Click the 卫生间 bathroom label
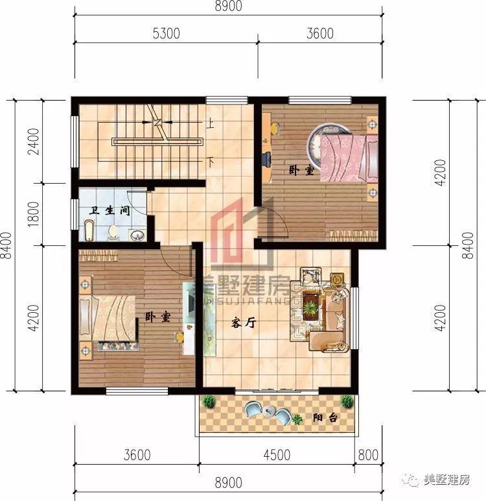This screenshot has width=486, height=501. coord(110,210)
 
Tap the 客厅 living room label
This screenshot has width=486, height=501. coord(244,323)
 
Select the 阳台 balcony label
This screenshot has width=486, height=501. coord(325,417)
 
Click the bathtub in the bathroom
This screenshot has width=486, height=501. coord(89,230)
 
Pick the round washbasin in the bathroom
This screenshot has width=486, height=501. coord(137,235)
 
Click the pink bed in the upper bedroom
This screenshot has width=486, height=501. coord(349,158)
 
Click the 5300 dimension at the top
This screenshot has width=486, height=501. coord(166,33)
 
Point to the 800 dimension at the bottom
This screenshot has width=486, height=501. coord(368,455)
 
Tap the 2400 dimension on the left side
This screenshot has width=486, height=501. coord(34,141)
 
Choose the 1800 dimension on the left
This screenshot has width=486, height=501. coord(34,214)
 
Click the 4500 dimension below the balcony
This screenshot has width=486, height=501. coord(277,455)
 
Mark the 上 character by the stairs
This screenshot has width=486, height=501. coord(210,123)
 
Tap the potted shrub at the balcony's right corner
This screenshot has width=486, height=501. coord(347,401)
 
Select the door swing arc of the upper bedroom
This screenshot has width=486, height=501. coord(280,217)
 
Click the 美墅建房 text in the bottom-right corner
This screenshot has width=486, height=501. coord(446,480)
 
